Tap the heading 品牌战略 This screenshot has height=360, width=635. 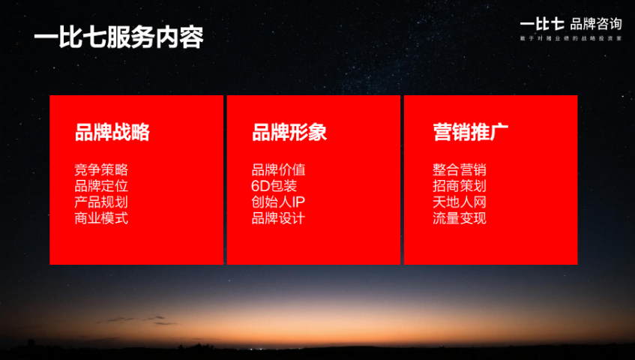pos(112,133)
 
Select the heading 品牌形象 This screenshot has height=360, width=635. pos(289,133)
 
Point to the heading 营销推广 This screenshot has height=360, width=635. pos(471,133)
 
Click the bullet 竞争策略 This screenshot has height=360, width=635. pos(101,170)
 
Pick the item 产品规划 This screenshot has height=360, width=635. pos(101,202)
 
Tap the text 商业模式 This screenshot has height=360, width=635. pos(101,219)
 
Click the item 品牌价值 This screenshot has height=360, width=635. pos(278,170)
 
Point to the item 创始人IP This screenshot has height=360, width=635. pos(278,202)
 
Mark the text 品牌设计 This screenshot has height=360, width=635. pos(278,219)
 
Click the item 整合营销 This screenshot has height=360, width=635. pos(460,170)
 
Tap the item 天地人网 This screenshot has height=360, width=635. pos(460,202)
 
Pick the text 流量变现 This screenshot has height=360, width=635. pos(460,219)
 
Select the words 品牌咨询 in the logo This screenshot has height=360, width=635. pos(595,23)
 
